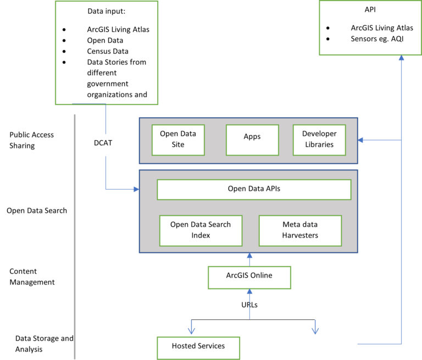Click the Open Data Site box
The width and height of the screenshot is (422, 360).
click(x=178, y=140)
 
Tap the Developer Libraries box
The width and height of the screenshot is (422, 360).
click(x=319, y=140)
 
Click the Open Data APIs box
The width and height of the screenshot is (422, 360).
click(x=254, y=189)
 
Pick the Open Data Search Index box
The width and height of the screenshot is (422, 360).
click(x=201, y=230)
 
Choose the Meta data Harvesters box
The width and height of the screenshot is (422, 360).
click(x=300, y=230)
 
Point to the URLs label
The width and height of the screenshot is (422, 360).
click(x=249, y=304)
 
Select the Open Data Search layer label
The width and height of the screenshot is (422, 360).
click(x=37, y=211)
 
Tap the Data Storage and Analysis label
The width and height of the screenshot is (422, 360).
click(x=44, y=344)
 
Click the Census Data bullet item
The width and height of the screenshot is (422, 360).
click(x=108, y=51)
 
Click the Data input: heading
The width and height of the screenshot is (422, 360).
click(x=106, y=11)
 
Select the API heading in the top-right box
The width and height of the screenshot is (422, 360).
click(x=370, y=10)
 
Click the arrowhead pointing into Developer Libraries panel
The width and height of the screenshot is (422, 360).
click(x=361, y=140)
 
